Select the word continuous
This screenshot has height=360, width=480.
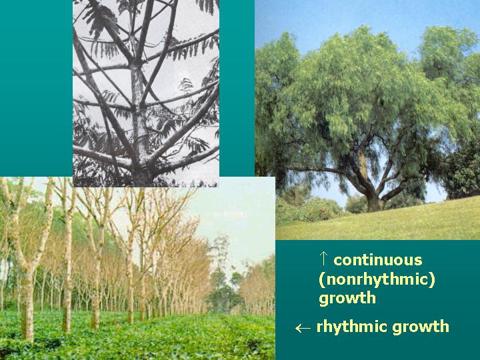[x=377, y=260]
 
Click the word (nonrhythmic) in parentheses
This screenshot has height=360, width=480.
[x=377, y=279]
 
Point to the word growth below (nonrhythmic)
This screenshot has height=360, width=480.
[x=347, y=298]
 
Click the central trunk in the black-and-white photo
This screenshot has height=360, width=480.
[x=141, y=113]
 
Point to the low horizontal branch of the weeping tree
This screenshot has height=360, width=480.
[x=313, y=171]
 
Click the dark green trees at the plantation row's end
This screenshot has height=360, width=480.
[x=223, y=293]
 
